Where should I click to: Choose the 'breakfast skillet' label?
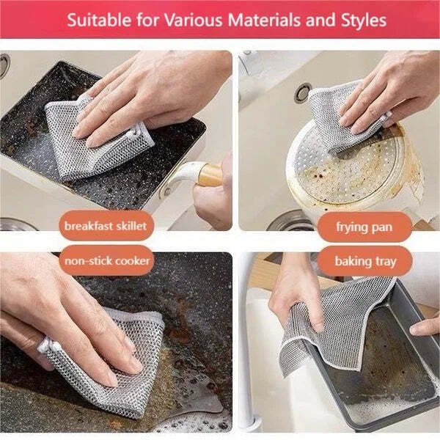coord(104,226)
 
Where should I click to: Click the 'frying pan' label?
coord(364,226)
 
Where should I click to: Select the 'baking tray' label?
coord(364,260)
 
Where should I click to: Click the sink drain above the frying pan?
coord(302,92)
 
